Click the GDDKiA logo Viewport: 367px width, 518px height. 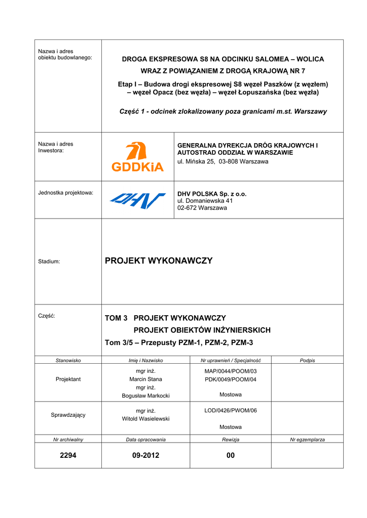click(137, 157)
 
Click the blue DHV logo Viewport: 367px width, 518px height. click(137, 200)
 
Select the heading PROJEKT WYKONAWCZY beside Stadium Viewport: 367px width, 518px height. click(159, 261)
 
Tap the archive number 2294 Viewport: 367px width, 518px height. click(68, 455)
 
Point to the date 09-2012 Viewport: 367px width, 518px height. click(145, 455)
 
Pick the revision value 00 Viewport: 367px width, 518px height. click(231, 455)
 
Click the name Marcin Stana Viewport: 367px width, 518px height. click(145, 379)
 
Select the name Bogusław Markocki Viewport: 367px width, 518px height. click(145, 396)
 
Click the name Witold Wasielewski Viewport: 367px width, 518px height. click(145, 419)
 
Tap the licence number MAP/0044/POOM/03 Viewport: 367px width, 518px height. click(231, 371)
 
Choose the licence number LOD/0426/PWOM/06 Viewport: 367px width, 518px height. click(231, 410)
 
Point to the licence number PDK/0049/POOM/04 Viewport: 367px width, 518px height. click(231, 379)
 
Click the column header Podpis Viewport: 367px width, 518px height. click(307, 360)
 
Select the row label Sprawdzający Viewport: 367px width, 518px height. click(68, 415)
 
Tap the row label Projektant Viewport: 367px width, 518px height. click(68, 379)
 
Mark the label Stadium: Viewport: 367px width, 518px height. click(49, 262)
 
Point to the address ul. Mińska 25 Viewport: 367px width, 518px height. click(198, 161)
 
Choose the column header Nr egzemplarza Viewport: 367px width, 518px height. click(307, 440)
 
